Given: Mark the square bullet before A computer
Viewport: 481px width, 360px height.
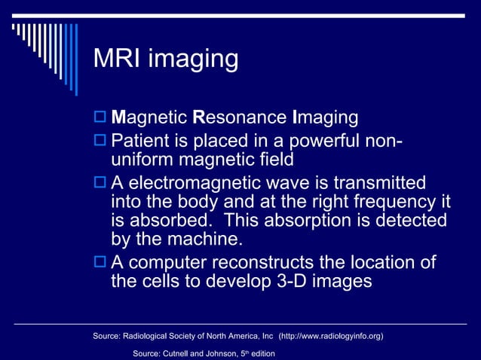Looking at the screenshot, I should (x=100, y=263).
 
